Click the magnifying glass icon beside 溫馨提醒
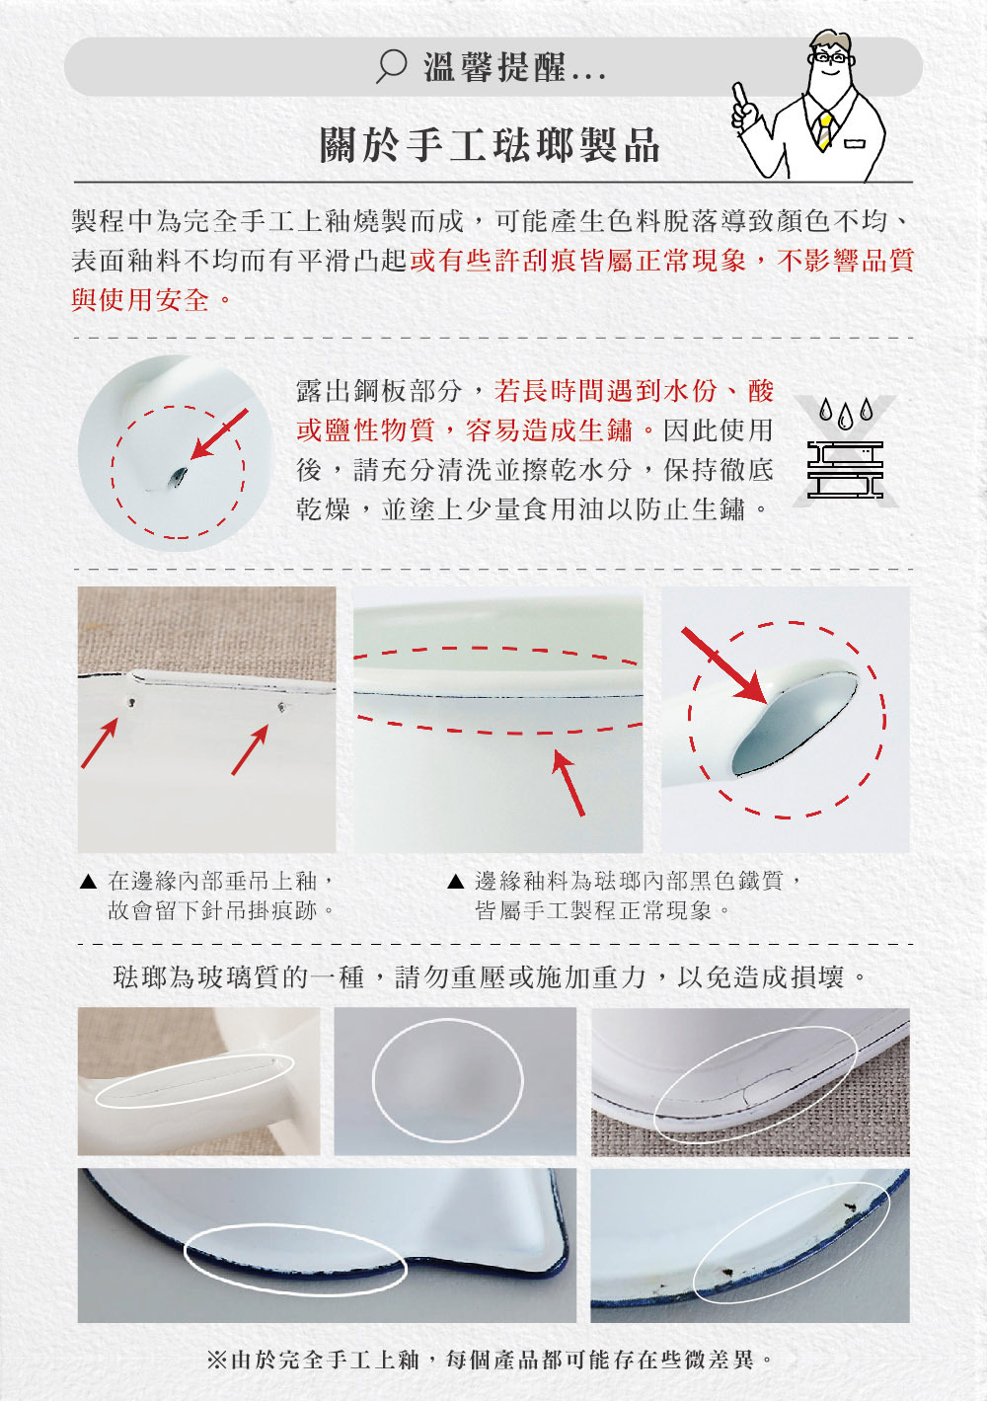(x=391, y=67)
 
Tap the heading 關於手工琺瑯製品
(x=491, y=146)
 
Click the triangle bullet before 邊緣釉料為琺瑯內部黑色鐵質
(x=455, y=881)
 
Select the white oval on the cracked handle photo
(x=195, y=1080)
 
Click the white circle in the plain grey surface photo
(x=447, y=1080)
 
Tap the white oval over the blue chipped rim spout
(x=295, y=1257)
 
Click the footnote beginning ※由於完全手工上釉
(x=491, y=1360)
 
